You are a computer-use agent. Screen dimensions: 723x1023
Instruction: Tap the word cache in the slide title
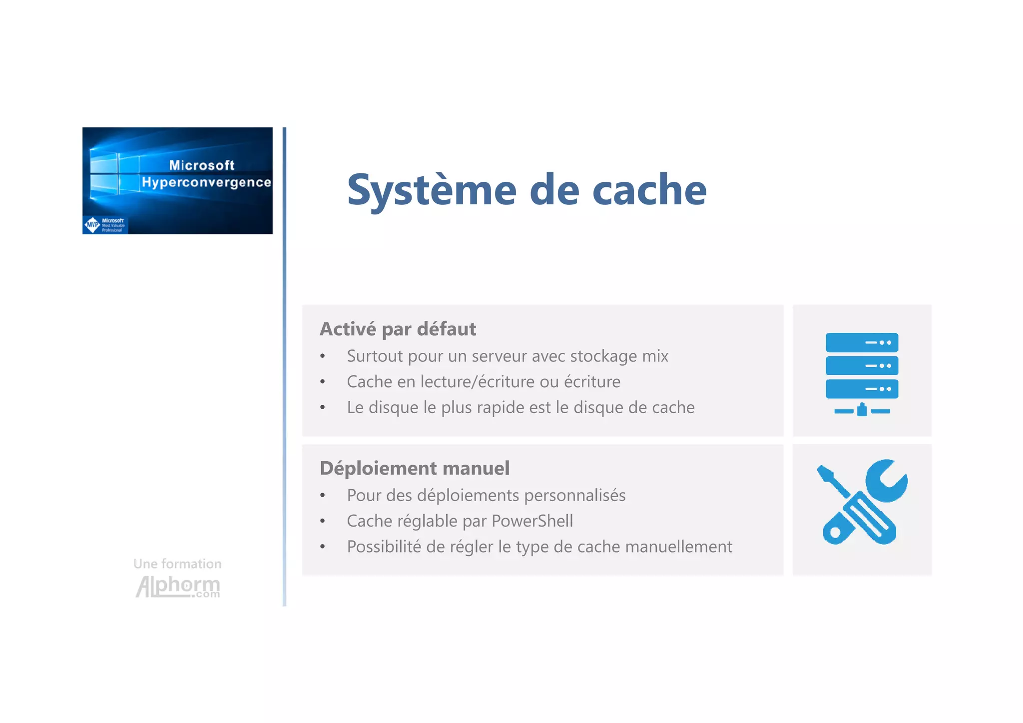pyautogui.click(x=649, y=190)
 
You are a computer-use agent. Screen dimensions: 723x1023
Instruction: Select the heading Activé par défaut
pyautogui.click(x=398, y=329)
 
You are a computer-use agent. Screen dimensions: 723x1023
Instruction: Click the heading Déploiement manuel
pyautogui.click(x=415, y=469)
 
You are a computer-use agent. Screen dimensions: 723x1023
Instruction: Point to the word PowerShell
pyautogui.click(x=532, y=521)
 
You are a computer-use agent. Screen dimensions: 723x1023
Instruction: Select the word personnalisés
pyautogui.click(x=574, y=496)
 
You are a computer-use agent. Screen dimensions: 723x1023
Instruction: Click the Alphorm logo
pyautogui.click(x=178, y=586)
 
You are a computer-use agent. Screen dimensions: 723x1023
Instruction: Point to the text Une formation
pyautogui.click(x=177, y=564)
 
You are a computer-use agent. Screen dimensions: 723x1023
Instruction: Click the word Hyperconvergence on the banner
pyautogui.click(x=206, y=182)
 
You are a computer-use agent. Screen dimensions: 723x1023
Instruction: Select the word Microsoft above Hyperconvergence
pyautogui.click(x=202, y=165)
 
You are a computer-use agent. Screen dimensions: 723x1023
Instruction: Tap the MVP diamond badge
pyautogui.click(x=92, y=225)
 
